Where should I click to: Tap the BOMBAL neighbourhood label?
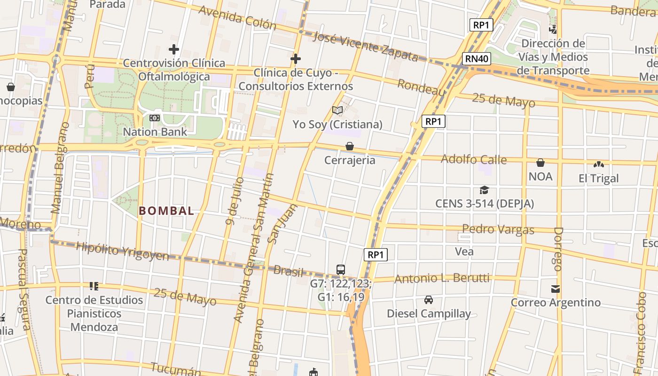click(166, 211)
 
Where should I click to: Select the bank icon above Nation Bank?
click(155, 118)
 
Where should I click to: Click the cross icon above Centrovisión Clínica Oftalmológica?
click(174, 49)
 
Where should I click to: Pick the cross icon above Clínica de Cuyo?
click(296, 59)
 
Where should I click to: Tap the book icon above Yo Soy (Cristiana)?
click(337, 110)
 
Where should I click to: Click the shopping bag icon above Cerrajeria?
click(350, 146)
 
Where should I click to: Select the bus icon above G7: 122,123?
click(341, 270)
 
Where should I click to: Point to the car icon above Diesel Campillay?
click(429, 299)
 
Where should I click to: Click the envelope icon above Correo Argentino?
click(556, 289)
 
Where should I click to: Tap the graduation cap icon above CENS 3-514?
click(484, 190)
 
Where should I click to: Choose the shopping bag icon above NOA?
click(540, 163)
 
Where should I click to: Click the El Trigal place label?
click(599, 179)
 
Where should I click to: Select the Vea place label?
click(464, 251)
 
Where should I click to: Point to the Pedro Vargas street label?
click(498, 229)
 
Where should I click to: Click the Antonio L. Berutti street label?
click(442, 279)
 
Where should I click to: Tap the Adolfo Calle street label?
click(474, 159)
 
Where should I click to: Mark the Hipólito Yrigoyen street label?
click(122, 251)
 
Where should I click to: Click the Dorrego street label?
click(558, 249)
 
